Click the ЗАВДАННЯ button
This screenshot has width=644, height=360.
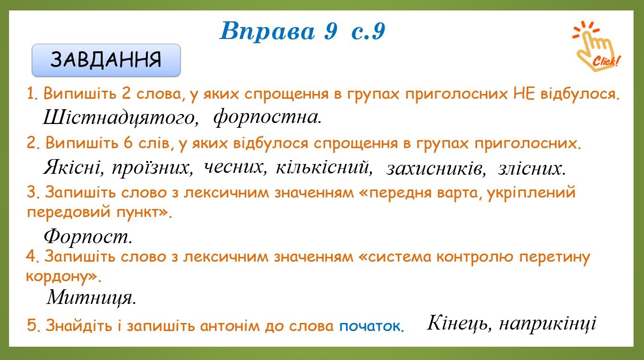106,60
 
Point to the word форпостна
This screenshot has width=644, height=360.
267,117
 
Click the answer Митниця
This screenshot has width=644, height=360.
91,298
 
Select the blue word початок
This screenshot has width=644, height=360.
372,326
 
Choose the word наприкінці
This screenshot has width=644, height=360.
548,324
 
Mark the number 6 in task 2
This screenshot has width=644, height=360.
128,142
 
